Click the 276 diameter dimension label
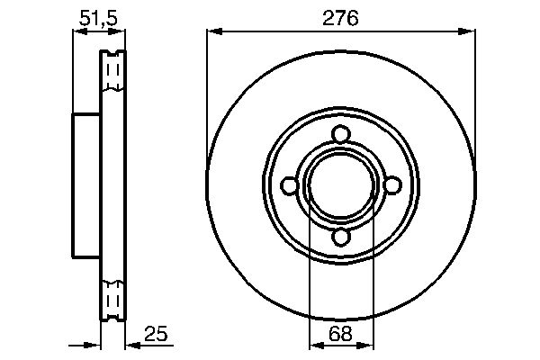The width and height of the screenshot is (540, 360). [x=340, y=17]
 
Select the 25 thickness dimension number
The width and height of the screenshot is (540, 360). [x=156, y=334]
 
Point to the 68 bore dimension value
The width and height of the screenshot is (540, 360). [x=339, y=334]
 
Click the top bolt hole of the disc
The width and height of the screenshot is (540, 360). [x=340, y=134]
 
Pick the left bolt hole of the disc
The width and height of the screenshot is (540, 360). [x=289, y=185]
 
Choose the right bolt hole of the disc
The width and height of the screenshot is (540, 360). [x=391, y=185]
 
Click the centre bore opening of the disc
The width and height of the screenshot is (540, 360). [x=340, y=185]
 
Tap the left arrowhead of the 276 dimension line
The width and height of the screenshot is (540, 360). [x=212, y=31]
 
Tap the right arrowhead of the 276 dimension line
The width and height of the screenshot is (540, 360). [x=469, y=31]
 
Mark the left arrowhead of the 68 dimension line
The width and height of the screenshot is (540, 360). [x=314, y=346]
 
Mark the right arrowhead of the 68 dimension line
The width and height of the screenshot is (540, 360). [x=366, y=346]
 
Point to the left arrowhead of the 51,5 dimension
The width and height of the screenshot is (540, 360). [x=77, y=31]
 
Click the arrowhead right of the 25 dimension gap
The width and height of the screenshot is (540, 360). [x=131, y=346]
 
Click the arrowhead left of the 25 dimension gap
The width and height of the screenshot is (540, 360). [x=94, y=346]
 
